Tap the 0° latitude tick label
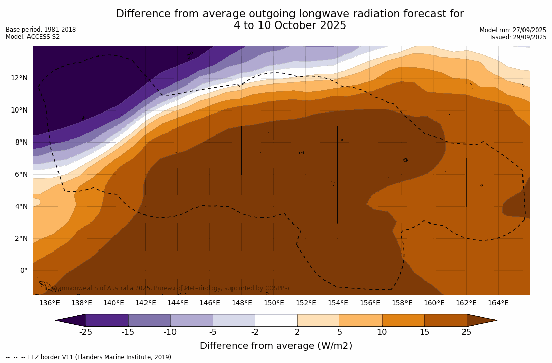click(x=24, y=270)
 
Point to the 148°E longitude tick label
click(x=242, y=303)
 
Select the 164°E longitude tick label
click(x=498, y=303)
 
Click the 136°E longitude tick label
click(x=49, y=303)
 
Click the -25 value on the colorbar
click(x=85, y=332)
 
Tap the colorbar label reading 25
click(x=466, y=332)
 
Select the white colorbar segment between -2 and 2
click(x=276, y=320)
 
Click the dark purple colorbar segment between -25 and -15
click(x=107, y=320)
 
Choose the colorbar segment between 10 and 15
click(x=403, y=320)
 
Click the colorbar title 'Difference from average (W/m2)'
click(x=276, y=346)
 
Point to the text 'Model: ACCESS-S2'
click(x=33, y=37)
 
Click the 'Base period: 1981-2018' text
click(x=41, y=30)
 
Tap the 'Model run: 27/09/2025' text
click(x=513, y=30)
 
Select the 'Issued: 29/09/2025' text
click(x=518, y=37)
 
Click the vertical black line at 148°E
click(x=242, y=150)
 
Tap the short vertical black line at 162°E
click(x=466, y=182)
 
